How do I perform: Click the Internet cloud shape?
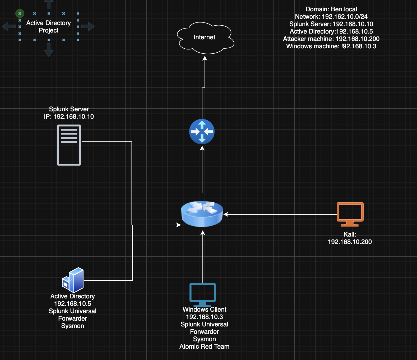pos(205,38)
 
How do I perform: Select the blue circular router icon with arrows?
pos(202,132)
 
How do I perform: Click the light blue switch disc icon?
pos(202,214)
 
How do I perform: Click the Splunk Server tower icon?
pos(69,145)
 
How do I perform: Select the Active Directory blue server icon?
pos(73,280)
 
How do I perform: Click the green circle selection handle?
pos(20,13)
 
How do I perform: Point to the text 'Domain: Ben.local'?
pos(331,9)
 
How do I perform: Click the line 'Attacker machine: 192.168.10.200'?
pos(331,39)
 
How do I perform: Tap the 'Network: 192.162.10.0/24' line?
pos(331,17)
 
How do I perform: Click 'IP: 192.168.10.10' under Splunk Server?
pos(69,117)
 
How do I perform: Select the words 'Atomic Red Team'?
pos(204,347)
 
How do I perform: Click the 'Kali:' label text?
pos(350,234)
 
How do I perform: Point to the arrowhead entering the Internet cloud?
pos(205,58)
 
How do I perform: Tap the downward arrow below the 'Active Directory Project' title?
pos(49,50)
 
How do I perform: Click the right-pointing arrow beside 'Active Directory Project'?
pos(88,26)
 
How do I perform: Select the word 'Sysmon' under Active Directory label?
pos(72,326)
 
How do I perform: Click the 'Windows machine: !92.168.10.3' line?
pos(331,46)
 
